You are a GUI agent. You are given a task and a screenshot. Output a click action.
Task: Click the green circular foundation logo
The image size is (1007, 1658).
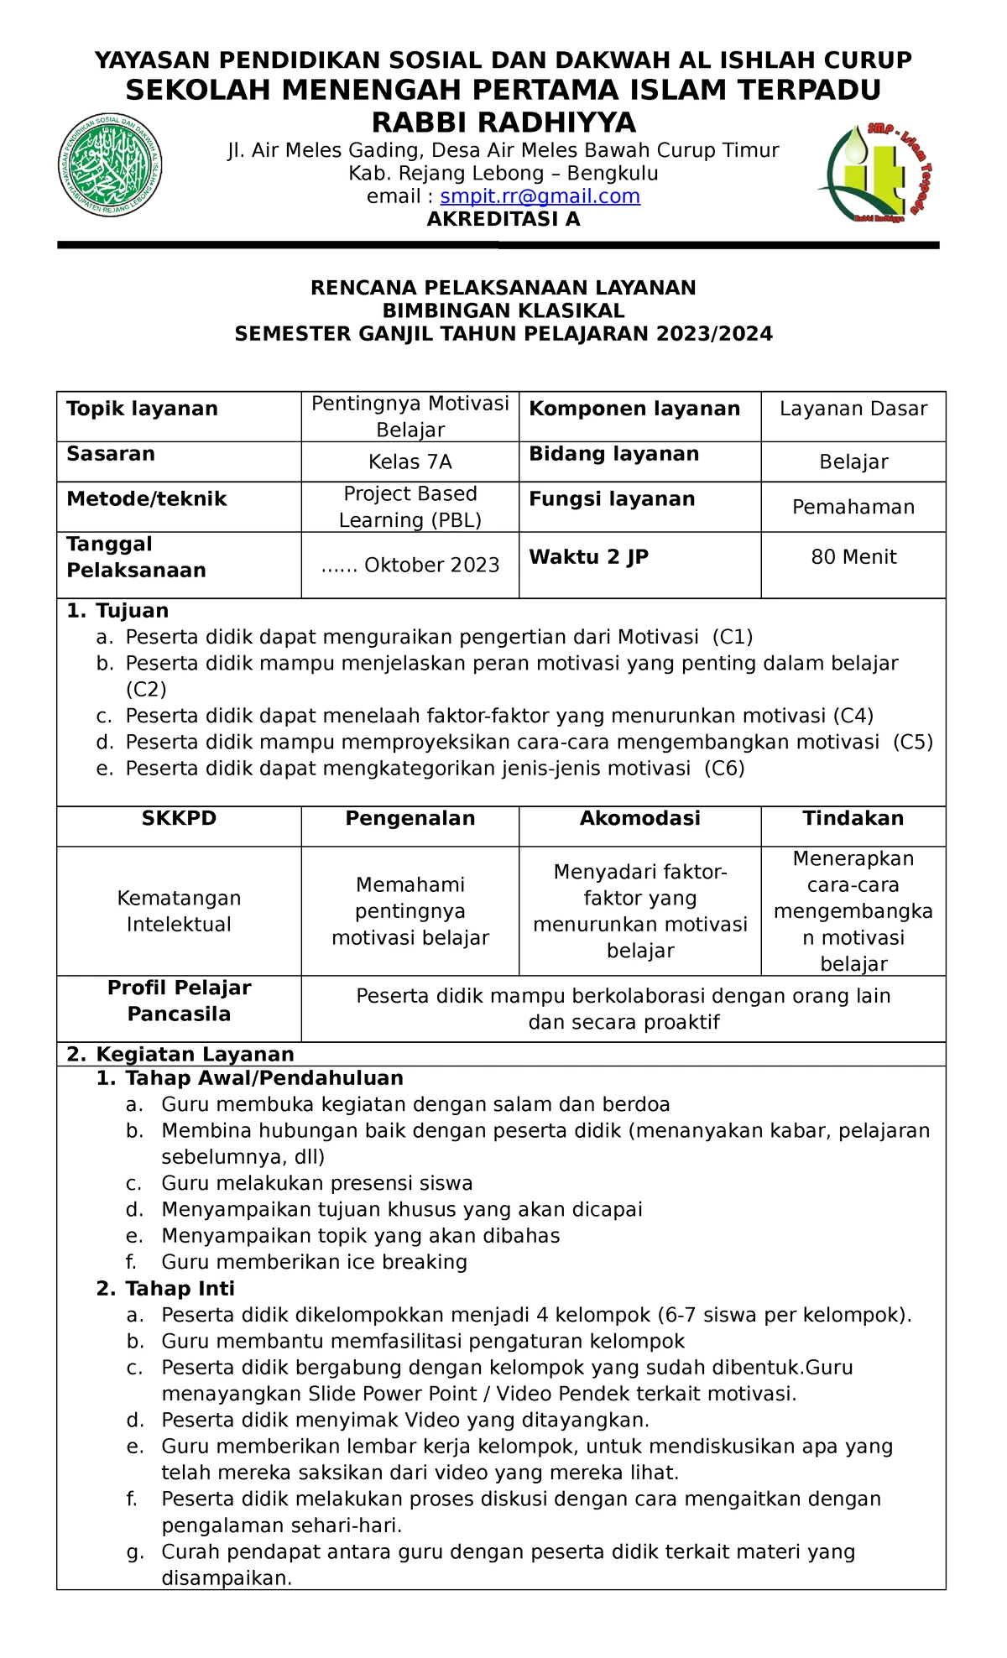(x=110, y=165)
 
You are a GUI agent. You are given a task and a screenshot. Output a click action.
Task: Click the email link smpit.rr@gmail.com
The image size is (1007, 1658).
(x=540, y=196)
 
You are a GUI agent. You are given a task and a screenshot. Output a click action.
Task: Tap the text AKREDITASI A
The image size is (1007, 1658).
(x=503, y=220)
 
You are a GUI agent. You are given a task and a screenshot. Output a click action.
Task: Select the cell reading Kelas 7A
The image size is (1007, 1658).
(x=410, y=462)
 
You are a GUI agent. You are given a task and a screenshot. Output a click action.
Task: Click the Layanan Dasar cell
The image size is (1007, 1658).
(x=853, y=409)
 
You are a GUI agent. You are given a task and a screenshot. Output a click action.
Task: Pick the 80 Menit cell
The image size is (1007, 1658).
(x=853, y=557)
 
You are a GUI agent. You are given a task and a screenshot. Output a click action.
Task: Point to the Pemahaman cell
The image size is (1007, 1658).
(x=853, y=507)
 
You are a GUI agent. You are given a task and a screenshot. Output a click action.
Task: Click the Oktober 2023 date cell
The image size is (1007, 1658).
(x=410, y=566)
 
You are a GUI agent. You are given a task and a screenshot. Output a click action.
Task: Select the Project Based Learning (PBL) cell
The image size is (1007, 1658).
(x=410, y=507)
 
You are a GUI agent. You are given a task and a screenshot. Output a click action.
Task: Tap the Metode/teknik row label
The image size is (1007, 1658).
(x=147, y=499)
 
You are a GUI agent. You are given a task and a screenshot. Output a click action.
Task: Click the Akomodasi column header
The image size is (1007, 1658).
(x=639, y=819)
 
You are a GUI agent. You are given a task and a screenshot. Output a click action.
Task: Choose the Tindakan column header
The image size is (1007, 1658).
(x=853, y=819)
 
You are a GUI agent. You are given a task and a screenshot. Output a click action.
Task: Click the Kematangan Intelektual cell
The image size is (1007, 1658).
(x=179, y=911)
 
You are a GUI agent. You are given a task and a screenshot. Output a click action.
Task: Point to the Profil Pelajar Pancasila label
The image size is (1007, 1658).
(x=179, y=1001)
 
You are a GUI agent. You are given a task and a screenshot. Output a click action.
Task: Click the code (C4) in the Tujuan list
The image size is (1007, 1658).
(x=853, y=716)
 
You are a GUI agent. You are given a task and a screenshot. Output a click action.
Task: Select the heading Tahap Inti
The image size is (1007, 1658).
(x=180, y=1289)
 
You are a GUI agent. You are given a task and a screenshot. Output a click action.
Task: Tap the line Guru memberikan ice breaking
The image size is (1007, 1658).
(x=314, y=1262)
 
